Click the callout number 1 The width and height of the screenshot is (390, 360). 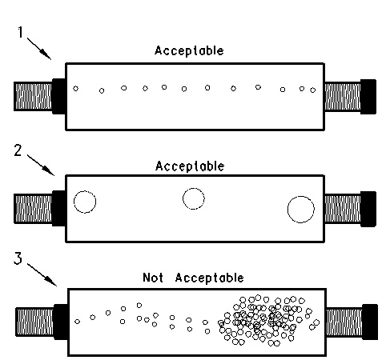point(20,32)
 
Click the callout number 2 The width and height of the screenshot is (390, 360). point(18,150)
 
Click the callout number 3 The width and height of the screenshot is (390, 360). point(18,258)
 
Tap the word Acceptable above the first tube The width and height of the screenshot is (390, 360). point(189,50)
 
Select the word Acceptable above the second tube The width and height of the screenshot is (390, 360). point(190,166)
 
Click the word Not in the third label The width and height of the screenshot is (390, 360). point(153,278)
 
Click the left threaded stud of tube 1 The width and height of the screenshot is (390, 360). point(33,96)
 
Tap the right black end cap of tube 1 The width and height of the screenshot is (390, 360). point(368,97)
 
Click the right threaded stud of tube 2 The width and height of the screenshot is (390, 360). point(343,209)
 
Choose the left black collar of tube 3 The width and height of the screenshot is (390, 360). point(61,322)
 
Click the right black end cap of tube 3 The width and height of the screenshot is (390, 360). point(370,322)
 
